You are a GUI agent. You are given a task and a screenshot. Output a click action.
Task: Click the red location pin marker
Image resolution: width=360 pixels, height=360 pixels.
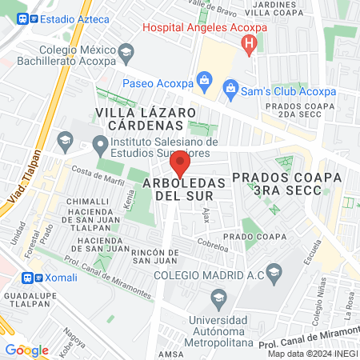tap(180, 166)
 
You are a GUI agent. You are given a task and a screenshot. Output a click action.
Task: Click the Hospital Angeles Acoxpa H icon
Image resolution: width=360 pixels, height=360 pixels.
tap(250, 42)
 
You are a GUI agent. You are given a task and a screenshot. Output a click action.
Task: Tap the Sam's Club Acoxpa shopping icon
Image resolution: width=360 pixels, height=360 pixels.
tap(231, 86)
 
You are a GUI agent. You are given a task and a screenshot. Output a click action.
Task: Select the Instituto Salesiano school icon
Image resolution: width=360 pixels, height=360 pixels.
tap(100, 146)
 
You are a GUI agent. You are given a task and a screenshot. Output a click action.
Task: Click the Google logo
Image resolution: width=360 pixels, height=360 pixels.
tap(27, 350)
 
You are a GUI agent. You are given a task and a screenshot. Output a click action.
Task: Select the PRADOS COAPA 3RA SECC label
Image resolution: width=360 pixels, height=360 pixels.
tap(276, 182)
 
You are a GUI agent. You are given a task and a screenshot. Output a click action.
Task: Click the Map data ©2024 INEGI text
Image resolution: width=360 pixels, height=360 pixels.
tap(311, 354)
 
